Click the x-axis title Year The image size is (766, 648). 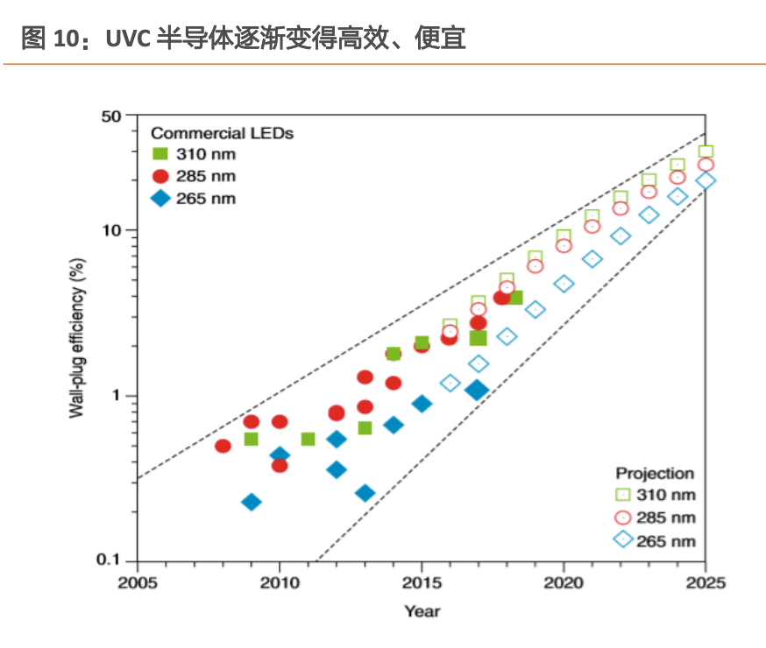[422, 610]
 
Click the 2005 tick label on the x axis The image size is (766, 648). [138, 583]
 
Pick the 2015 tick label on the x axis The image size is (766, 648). [422, 583]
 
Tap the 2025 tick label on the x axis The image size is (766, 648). [706, 583]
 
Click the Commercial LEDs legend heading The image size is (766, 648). [222, 133]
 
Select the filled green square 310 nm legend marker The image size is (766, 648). [160, 155]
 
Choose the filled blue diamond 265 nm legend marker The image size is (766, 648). [160, 199]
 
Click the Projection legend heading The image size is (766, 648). [654, 473]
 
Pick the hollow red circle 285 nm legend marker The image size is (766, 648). [623, 518]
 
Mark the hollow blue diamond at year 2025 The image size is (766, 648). [706, 180]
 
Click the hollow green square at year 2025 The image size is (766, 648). [706, 151]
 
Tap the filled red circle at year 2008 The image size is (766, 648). [223, 446]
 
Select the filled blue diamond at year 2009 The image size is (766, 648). [252, 502]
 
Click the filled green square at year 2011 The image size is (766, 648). [308, 439]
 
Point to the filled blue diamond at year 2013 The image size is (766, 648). [365, 493]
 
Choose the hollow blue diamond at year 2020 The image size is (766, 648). [564, 284]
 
